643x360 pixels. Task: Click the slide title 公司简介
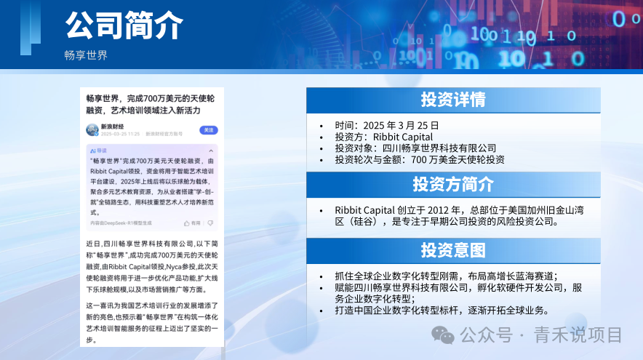(x=123, y=26)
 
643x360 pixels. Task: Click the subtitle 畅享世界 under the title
(x=86, y=55)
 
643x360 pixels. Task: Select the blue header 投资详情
(x=452, y=100)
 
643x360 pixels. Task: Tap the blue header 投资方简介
(x=452, y=184)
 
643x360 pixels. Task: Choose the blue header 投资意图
(x=452, y=250)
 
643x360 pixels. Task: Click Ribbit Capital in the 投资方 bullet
(x=403, y=137)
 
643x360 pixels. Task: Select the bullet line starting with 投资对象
(x=415, y=148)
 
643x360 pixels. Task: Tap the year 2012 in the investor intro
(x=425, y=210)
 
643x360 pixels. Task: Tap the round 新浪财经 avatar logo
(x=92, y=129)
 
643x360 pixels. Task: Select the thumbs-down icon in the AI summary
(x=210, y=223)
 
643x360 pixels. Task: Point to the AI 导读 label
(x=98, y=150)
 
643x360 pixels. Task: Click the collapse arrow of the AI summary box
(x=210, y=150)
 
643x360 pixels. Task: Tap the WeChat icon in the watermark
(x=444, y=335)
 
